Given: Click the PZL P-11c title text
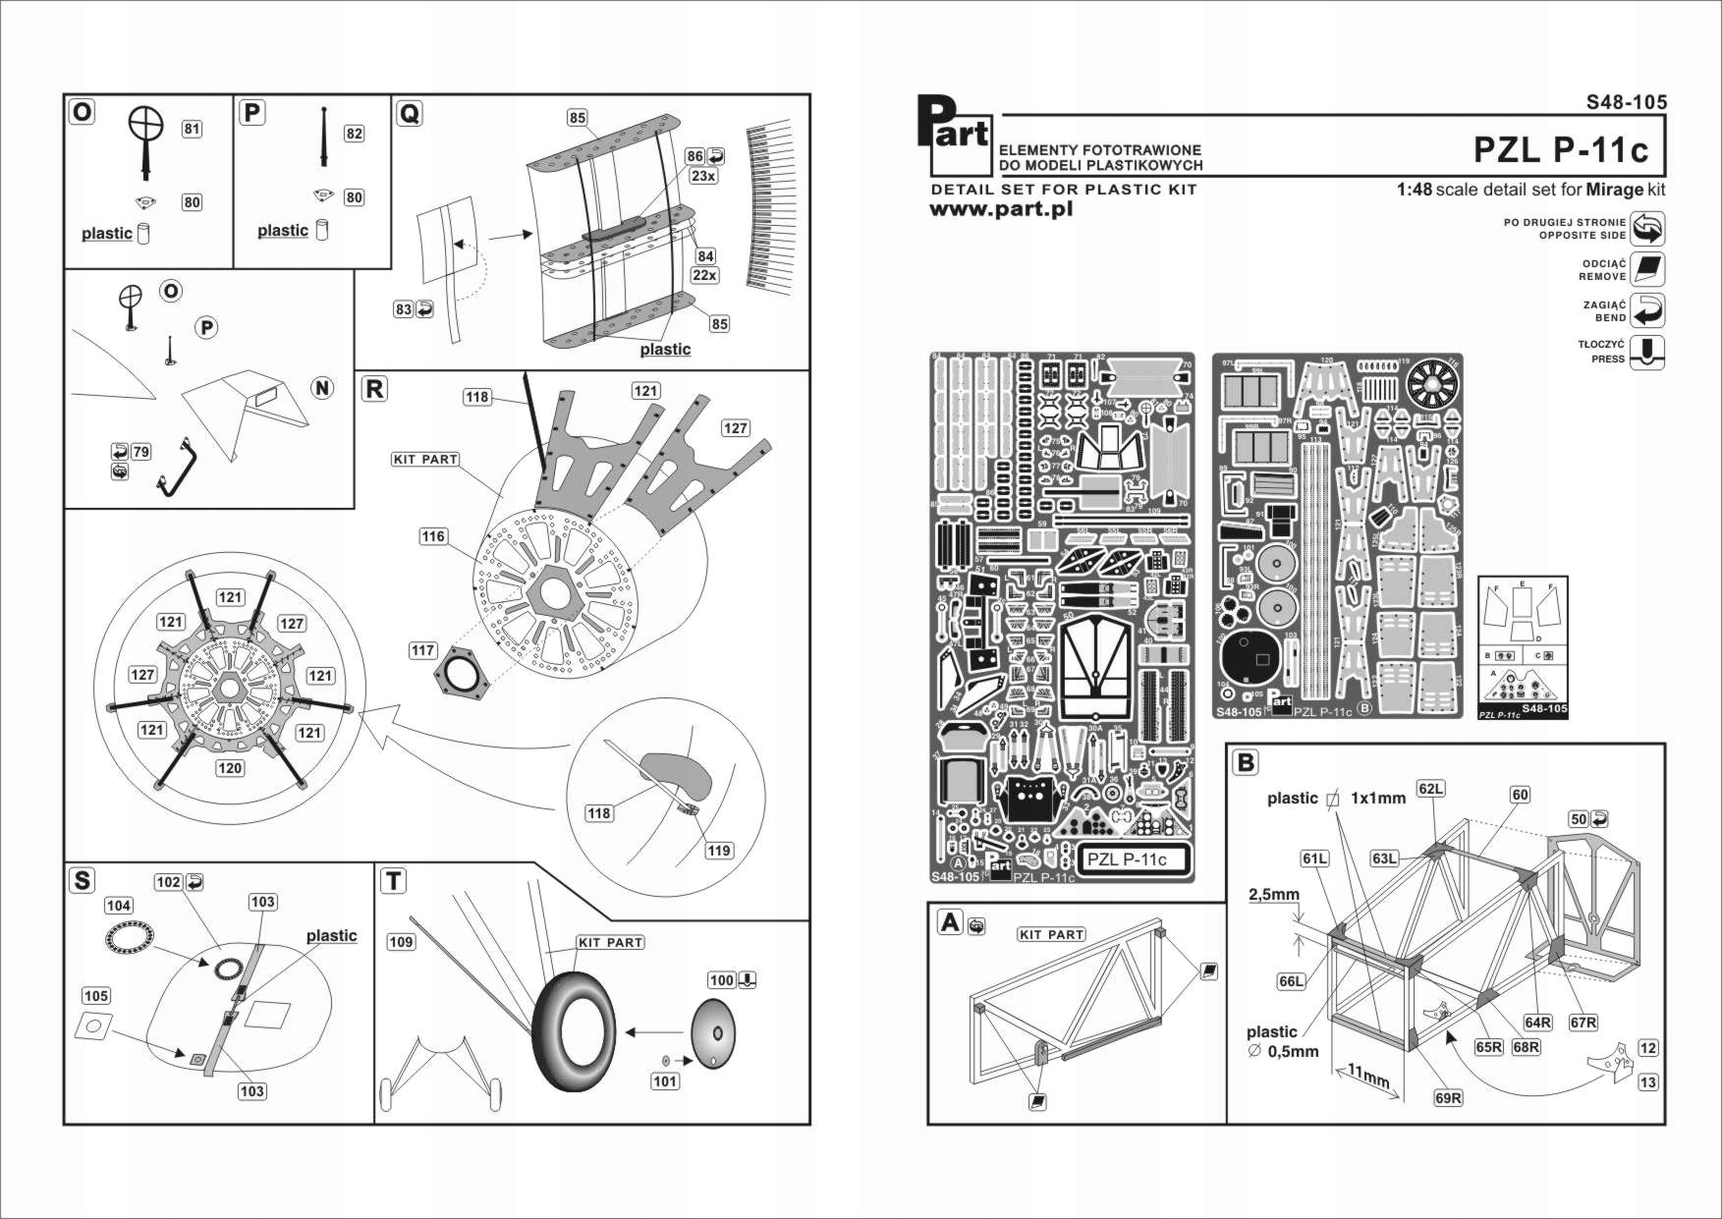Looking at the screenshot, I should click(1560, 149).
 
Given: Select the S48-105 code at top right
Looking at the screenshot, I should click(1626, 102).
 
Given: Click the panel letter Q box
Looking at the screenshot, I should click(410, 114).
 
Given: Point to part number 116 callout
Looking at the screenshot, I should click(433, 536).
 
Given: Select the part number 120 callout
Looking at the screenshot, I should click(230, 768).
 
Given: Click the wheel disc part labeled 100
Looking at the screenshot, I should click(712, 1033).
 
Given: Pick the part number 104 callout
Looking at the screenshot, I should click(118, 906).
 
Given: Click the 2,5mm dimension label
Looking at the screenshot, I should click(1274, 895).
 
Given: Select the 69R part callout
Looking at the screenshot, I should click(1448, 1098).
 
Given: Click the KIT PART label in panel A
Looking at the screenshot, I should click(1051, 934).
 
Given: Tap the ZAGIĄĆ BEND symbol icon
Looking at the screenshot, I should click(1647, 310).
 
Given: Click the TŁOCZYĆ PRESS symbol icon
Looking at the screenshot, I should click(1647, 352).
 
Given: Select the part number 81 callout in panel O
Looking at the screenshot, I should click(192, 129).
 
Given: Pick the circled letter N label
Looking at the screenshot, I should click(322, 388).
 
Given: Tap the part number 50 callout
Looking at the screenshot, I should click(1579, 819).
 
